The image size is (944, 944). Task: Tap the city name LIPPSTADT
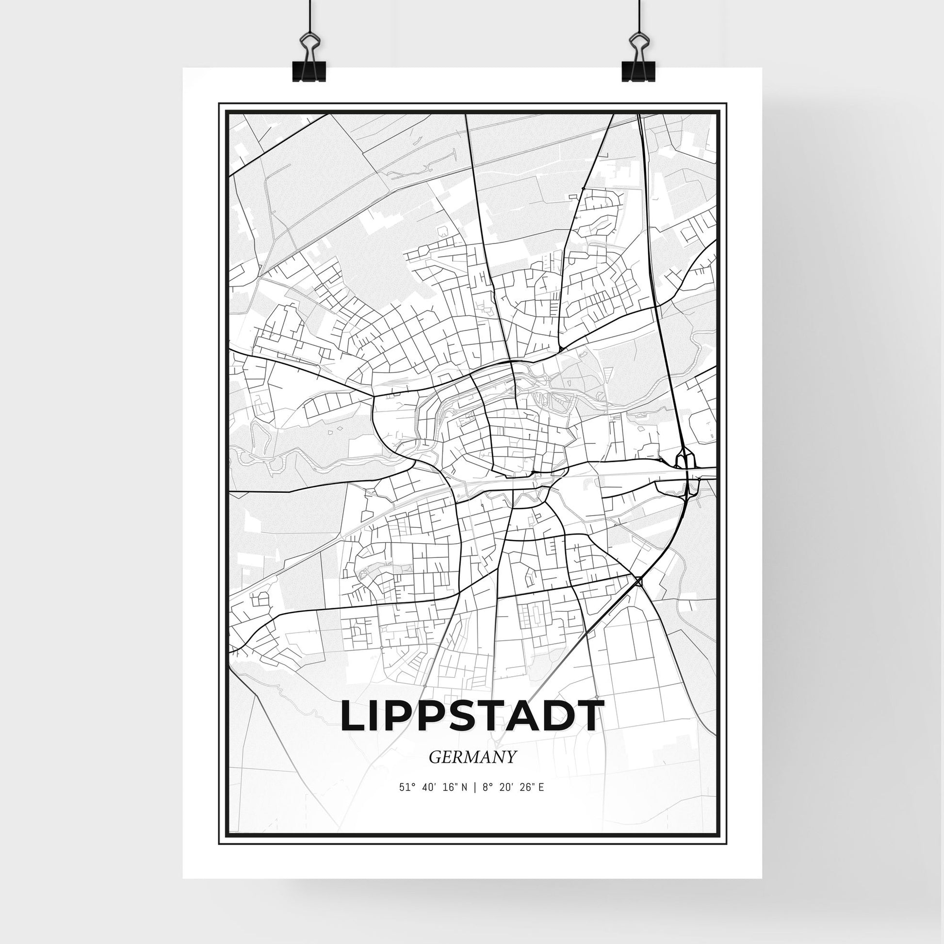472,716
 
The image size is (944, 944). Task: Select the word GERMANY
472,757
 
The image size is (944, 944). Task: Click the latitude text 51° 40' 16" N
433,787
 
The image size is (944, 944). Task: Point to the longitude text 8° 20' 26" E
512,787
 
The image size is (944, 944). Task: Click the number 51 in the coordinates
404,787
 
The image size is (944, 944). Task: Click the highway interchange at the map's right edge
685,468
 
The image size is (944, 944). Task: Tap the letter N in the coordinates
464,787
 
